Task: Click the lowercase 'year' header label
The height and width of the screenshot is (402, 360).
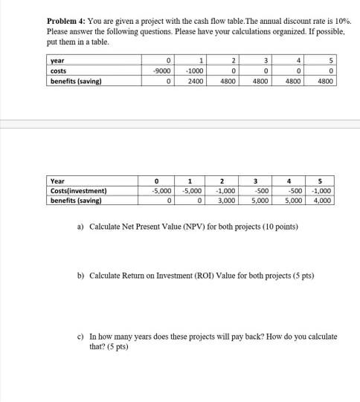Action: (x=57, y=61)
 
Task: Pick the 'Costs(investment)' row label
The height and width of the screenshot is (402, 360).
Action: (x=78, y=190)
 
